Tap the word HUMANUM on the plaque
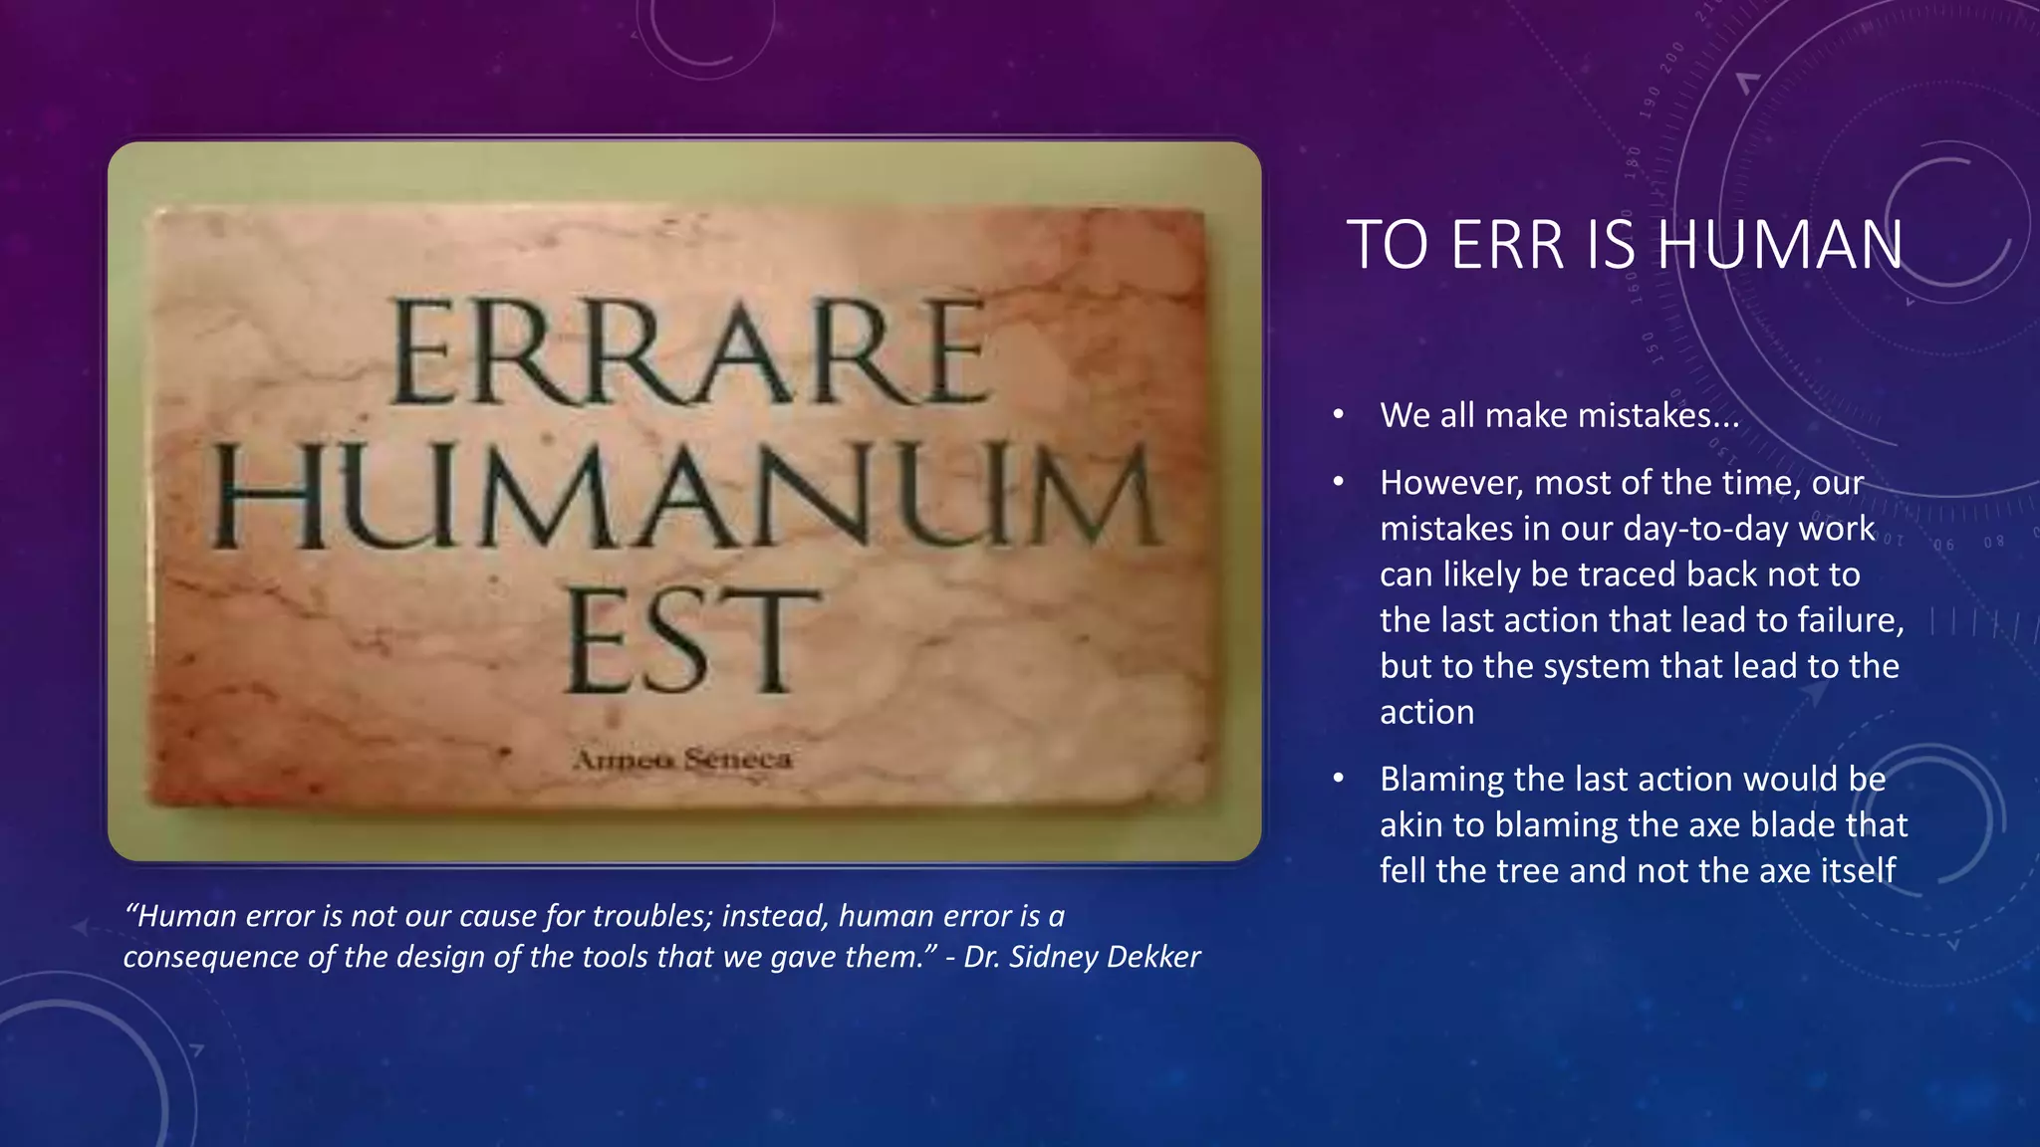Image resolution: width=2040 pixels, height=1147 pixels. click(687, 497)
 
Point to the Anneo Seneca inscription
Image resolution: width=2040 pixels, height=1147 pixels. click(683, 761)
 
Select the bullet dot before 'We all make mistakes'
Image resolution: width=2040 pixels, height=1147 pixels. click(1339, 415)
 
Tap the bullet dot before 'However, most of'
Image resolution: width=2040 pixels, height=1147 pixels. click(1339, 483)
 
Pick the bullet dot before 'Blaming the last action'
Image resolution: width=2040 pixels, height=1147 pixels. click(1339, 779)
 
